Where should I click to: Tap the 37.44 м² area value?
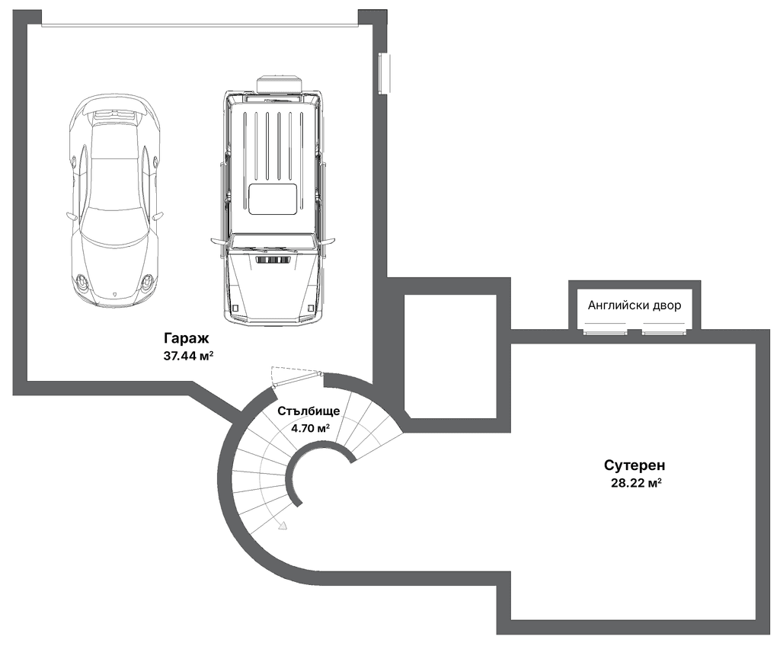click(x=189, y=356)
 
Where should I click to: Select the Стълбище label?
click(x=309, y=411)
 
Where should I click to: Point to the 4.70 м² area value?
click(x=311, y=427)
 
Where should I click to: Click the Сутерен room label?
click(x=635, y=465)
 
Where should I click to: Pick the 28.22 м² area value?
click(x=636, y=483)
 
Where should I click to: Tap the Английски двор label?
click(x=635, y=305)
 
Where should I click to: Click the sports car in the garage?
click(x=115, y=199)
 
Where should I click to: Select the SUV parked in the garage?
click(x=272, y=199)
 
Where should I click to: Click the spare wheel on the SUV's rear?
click(x=280, y=84)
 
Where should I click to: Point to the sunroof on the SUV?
click(x=273, y=199)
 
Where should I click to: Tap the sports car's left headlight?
click(x=82, y=284)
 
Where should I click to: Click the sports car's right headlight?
click(x=147, y=284)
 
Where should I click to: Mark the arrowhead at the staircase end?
click(x=283, y=525)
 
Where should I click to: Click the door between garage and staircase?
click(x=298, y=379)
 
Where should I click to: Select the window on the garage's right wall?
click(x=384, y=73)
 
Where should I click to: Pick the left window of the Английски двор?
click(x=605, y=331)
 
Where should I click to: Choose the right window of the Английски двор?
click(x=664, y=331)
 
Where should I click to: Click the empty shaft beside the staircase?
click(x=451, y=357)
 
